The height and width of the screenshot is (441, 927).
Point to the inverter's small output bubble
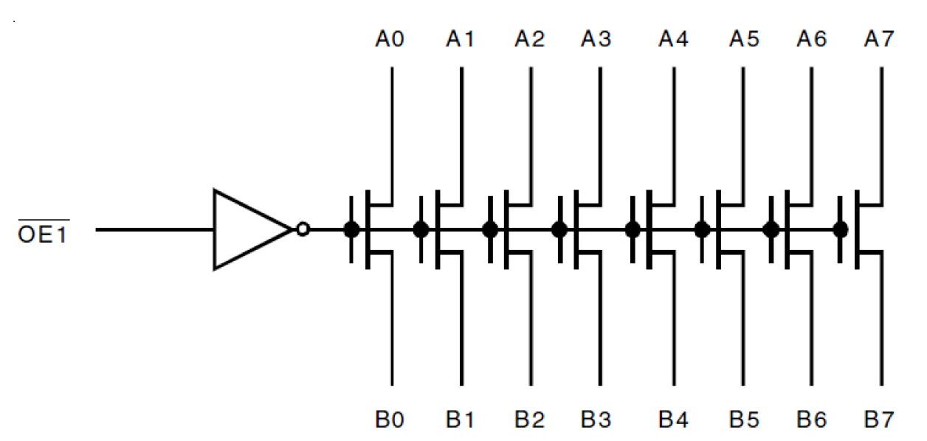303,229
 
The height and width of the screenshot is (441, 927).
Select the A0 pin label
390,38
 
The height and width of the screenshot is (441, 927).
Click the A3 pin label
596,38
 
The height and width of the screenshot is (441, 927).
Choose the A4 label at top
673,38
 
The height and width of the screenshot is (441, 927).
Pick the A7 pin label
879,38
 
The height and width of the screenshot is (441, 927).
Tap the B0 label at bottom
390,420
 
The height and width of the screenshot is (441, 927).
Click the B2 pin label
529,420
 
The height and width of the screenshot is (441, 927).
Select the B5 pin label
744,420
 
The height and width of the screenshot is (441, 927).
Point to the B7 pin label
879,420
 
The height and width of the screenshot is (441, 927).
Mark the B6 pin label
811,420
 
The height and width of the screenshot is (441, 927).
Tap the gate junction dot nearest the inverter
352,229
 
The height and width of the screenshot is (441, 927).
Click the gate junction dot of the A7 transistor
840,229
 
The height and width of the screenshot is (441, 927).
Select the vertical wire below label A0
392,125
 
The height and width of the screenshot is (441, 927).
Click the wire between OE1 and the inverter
155,229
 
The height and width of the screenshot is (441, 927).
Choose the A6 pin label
811,38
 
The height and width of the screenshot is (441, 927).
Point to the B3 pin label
596,420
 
